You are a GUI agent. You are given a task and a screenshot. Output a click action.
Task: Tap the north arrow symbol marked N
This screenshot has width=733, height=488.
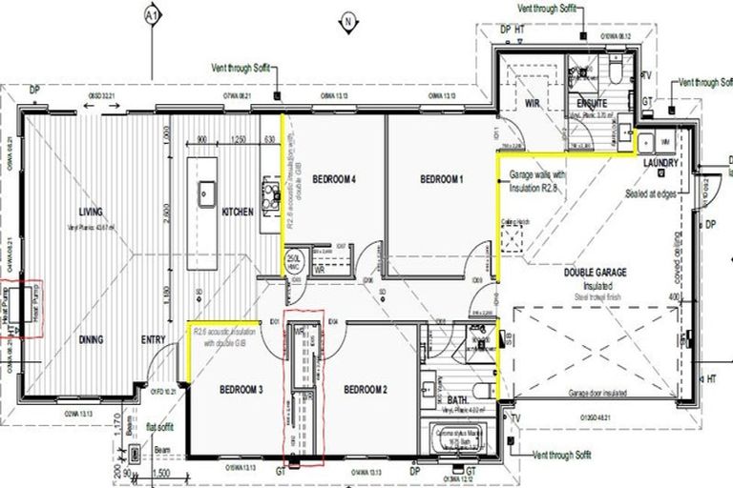tap(350, 21)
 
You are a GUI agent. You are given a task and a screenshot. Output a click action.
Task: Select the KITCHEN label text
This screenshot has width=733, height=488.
tap(238, 213)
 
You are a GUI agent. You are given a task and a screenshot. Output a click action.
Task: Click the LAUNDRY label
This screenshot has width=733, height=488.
tap(660, 163)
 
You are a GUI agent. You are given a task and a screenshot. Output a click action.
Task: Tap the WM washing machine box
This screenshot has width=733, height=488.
tap(665, 140)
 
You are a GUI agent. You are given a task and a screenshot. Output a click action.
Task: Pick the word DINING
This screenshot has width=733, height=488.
tap(93, 339)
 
